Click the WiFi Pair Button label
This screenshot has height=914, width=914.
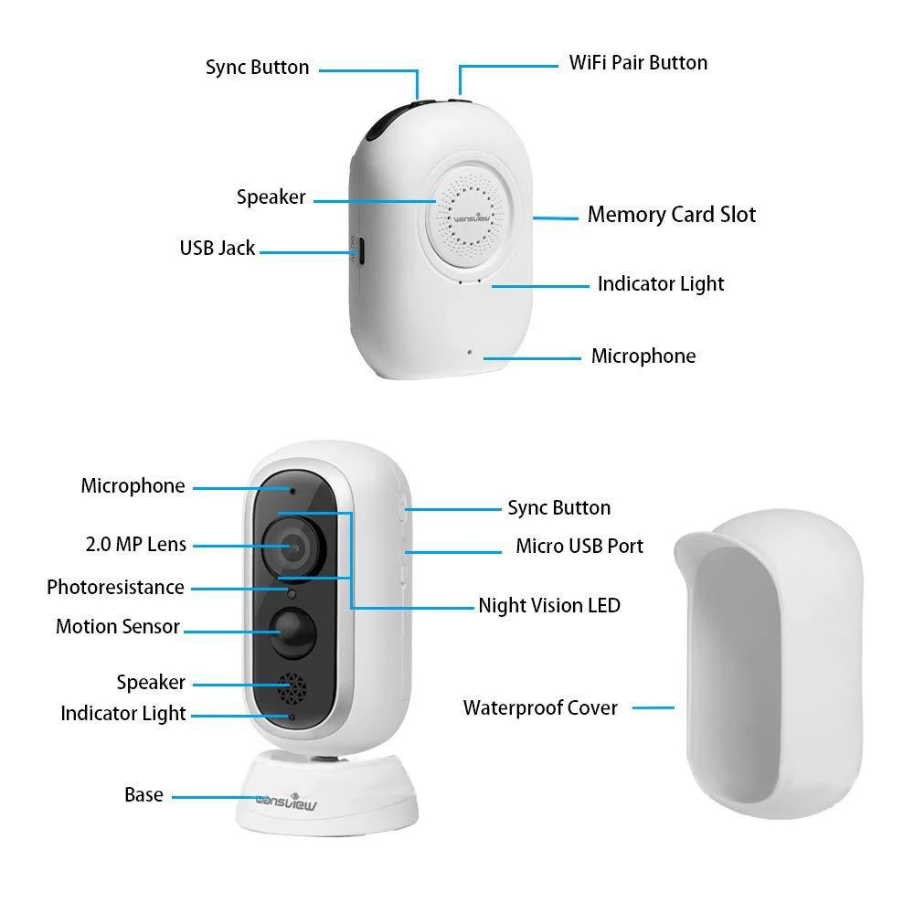point(638,62)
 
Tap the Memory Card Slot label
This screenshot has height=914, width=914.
point(672,215)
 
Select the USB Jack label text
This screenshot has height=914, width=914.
point(218,248)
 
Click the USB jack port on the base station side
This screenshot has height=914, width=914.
point(360,250)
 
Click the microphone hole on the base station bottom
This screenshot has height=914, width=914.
point(470,352)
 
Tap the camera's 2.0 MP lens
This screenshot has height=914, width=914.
point(293,547)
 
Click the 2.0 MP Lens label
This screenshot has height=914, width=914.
point(136,544)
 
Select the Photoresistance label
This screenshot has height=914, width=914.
point(115,587)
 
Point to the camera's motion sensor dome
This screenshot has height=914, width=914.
point(293,632)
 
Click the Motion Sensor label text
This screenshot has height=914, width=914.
point(118,626)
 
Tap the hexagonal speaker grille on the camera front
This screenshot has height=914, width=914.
point(292,689)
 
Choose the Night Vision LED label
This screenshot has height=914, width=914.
point(549,605)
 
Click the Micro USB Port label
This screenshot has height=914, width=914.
point(579,546)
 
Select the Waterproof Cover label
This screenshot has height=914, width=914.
point(540,707)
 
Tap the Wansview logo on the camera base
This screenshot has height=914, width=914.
point(286,802)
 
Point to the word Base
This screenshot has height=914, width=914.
point(144,794)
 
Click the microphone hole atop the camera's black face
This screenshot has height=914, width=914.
point(292,491)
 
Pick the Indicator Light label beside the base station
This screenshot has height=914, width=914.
point(661,284)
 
